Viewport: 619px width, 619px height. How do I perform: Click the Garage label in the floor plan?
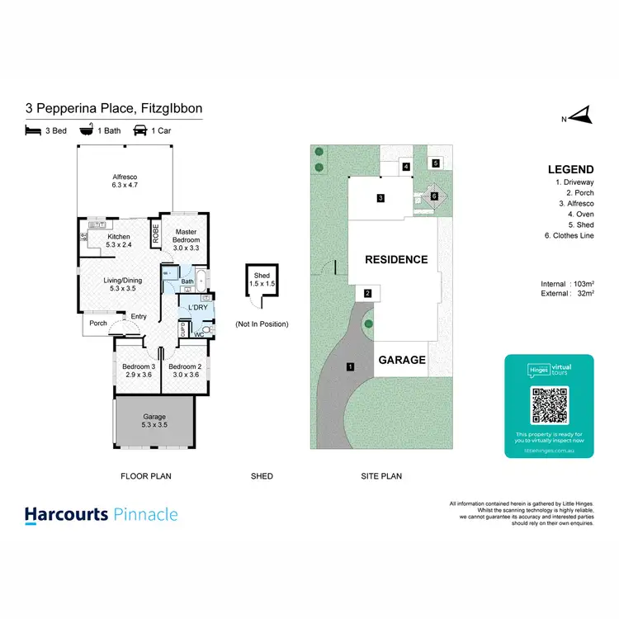[x=155, y=421]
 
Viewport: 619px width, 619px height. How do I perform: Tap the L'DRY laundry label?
[x=197, y=308]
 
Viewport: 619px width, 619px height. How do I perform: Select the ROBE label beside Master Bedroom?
[x=155, y=234]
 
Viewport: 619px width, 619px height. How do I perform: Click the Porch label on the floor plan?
[x=98, y=323]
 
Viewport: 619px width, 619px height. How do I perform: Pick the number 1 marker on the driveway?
[x=350, y=366]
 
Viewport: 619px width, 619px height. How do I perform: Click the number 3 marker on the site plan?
[x=380, y=198]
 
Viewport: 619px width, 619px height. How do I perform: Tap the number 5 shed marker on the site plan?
[x=435, y=163]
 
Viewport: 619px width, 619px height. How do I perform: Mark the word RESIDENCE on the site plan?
[x=396, y=259]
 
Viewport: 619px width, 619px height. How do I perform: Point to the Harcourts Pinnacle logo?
[x=101, y=515]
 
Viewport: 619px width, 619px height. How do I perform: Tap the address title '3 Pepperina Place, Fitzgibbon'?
[x=114, y=108]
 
